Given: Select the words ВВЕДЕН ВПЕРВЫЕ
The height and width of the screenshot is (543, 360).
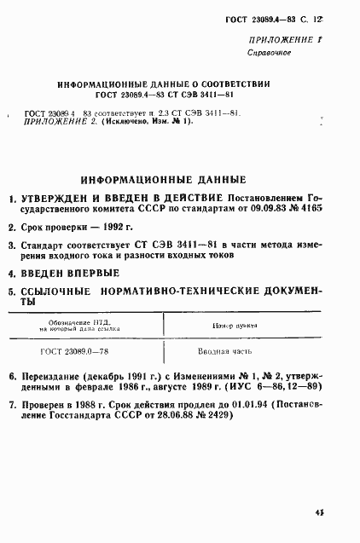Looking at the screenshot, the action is click(x=70, y=274).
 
